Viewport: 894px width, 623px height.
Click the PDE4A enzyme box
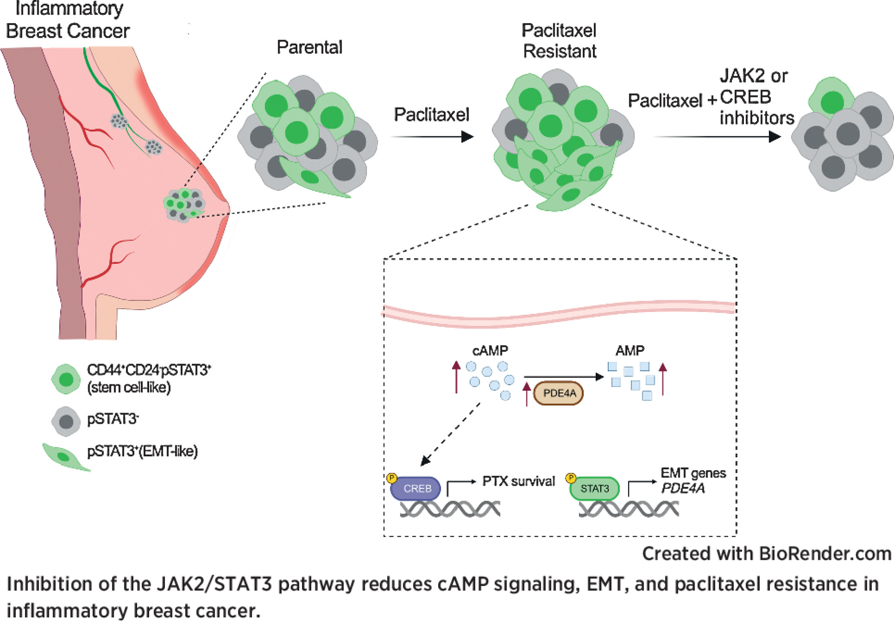click(x=558, y=393)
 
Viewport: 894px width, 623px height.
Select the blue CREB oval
click(x=416, y=488)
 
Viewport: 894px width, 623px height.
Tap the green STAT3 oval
click(x=594, y=488)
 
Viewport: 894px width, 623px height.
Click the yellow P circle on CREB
click(x=392, y=478)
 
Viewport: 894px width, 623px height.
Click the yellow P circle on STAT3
click(x=571, y=478)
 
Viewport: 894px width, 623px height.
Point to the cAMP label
click(x=490, y=350)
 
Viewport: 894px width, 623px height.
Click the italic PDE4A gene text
click(x=683, y=488)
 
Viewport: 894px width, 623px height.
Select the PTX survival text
click(x=518, y=481)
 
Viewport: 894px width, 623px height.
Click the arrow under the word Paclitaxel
click(x=432, y=136)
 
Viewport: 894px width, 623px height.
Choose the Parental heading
click(x=309, y=47)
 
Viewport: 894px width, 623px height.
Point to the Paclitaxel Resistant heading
click(x=559, y=41)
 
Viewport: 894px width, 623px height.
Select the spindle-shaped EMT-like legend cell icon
click(x=65, y=457)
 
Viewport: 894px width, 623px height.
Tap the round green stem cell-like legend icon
click(x=66, y=379)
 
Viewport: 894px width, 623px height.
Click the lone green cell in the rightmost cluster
click(x=832, y=100)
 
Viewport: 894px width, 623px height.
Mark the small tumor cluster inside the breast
click(x=184, y=205)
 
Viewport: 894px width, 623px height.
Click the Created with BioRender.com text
click(x=766, y=553)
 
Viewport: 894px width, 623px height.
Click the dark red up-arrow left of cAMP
click(x=456, y=377)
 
